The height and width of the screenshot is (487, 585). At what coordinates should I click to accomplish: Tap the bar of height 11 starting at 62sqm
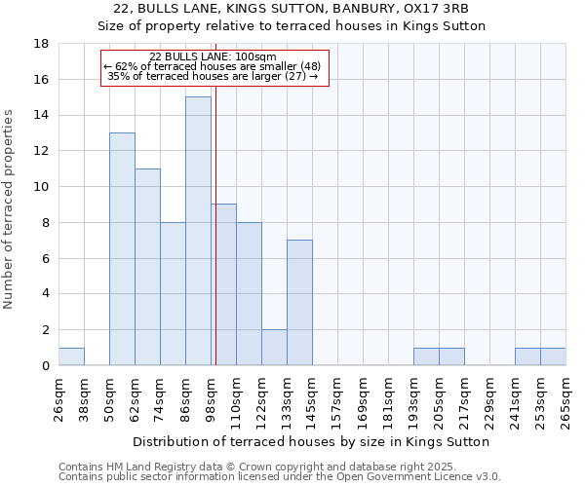(147, 267)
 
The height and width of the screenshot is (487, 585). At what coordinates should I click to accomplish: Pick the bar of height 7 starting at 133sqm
(299, 302)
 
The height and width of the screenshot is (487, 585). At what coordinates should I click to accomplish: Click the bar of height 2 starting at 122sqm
(274, 347)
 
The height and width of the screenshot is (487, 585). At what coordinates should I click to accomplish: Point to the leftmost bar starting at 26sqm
(71, 356)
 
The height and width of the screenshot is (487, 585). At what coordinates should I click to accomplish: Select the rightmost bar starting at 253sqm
(553, 356)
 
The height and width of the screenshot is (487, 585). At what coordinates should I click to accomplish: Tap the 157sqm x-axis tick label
(337, 400)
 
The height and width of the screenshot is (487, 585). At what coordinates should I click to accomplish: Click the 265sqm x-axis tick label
(565, 400)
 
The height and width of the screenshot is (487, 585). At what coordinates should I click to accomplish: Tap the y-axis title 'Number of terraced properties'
(10, 209)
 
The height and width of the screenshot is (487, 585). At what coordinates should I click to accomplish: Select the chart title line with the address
(292, 10)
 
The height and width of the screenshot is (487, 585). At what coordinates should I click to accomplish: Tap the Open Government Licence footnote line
(280, 476)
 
